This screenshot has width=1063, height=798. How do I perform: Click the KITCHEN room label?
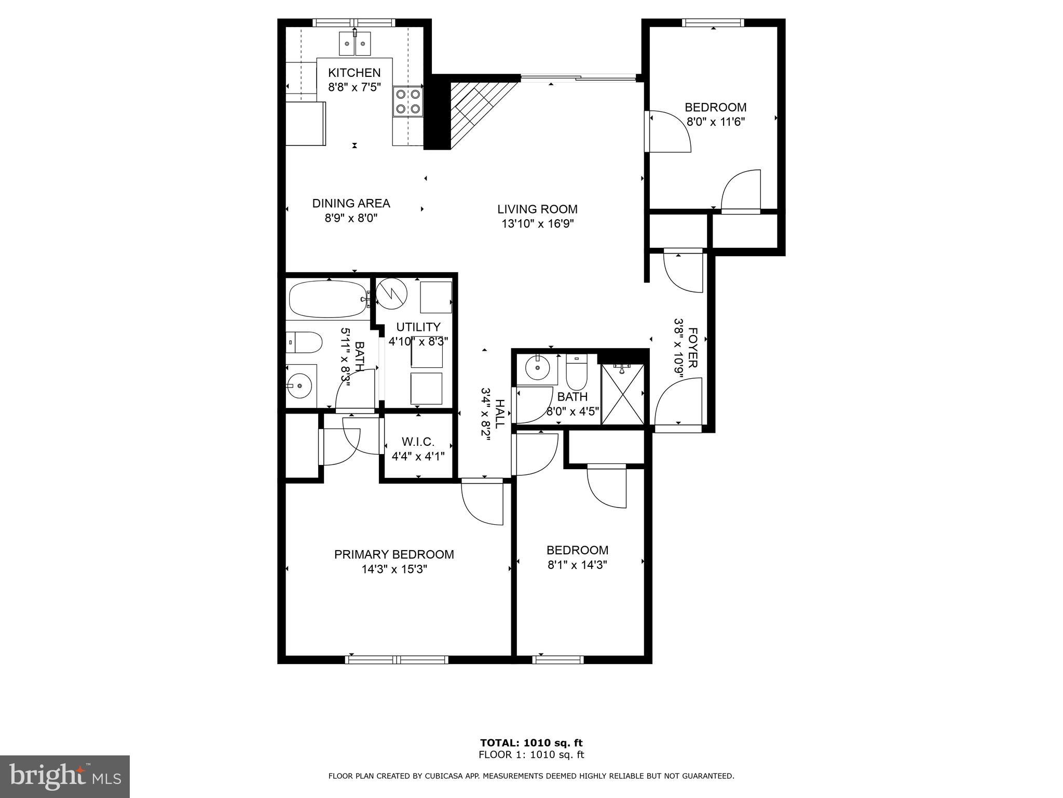click(354, 73)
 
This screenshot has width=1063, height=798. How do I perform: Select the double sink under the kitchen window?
click(355, 43)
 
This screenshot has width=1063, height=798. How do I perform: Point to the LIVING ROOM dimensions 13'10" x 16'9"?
click(537, 224)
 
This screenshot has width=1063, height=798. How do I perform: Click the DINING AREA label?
click(351, 204)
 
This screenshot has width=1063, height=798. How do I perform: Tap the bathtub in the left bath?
click(329, 299)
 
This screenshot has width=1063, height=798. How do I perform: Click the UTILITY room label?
click(418, 327)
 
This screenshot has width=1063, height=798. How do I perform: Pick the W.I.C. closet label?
click(418, 442)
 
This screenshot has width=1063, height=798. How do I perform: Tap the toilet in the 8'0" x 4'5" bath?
click(576, 372)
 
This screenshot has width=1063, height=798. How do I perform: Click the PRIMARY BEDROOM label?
click(394, 555)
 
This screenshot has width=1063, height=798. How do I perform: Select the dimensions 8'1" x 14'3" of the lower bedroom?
click(577, 565)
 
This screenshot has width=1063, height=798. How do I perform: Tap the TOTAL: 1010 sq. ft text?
click(531, 743)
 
